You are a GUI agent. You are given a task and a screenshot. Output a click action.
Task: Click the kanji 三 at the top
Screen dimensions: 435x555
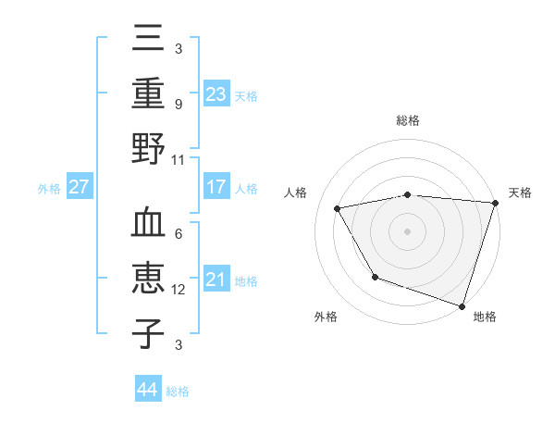pos(148,42)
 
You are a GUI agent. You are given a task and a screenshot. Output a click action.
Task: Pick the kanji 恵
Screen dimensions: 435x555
pos(148,280)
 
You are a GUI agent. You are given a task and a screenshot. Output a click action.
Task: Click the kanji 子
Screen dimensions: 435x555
pos(148,333)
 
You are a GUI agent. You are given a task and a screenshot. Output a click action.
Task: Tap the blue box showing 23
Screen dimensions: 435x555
pos(216,93)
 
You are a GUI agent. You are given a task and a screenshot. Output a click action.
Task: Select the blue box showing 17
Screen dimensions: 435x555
pos(216,187)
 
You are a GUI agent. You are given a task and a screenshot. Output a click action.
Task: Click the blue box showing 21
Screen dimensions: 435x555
pos(216,280)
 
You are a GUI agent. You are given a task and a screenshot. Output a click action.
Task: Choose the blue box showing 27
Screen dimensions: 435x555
pos(79,187)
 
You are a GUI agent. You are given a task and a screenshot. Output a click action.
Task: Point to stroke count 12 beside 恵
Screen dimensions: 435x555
pos(179,290)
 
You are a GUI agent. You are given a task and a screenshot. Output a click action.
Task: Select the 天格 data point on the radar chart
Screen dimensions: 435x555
pos(495,203)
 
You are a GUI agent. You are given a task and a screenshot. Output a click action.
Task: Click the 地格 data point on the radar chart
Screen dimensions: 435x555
pos(462,305)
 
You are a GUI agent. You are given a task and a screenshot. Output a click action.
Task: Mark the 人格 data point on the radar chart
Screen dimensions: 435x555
pos(338,208)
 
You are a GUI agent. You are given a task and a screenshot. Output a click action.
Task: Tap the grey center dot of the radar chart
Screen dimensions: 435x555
pos(407,230)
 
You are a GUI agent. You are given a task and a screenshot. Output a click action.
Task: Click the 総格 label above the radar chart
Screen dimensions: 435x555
pos(408,120)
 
